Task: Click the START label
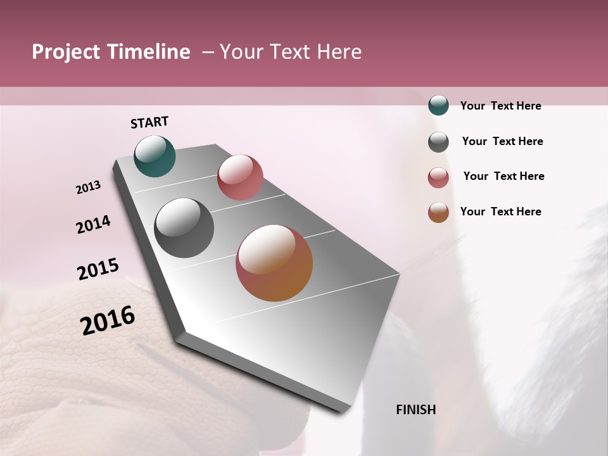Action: tap(149, 122)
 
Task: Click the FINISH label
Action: tap(415, 410)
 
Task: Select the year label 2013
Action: tap(89, 187)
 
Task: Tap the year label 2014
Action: tap(93, 224)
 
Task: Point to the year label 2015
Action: tap(98, 269)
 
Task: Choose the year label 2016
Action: tap(108, 320)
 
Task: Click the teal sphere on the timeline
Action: tap(155, 156)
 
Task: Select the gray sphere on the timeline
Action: tap(184, 228)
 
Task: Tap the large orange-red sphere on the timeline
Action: tap(274, 263)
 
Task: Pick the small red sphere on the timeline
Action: tap(240, 177)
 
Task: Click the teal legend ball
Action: tap(438, 105)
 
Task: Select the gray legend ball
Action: tap(438, 142)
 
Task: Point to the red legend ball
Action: tap(438, 177)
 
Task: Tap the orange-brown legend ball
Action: tap(438, 212)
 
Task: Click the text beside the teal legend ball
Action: tap(500, 106)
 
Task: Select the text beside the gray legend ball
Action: tap(502, 141)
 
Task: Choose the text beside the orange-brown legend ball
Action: tap(500, 212)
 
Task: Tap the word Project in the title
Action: tap(66, 52)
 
